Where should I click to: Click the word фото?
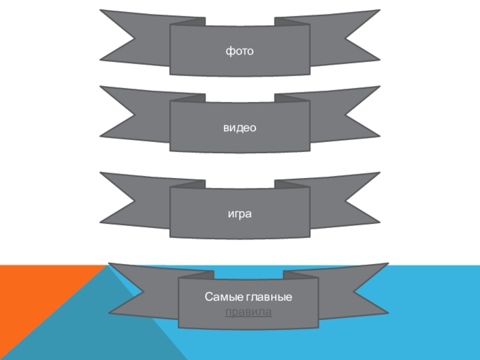point(239,51)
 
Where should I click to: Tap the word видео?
point(239,127)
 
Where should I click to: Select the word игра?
point(239,214)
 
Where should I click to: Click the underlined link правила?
point(248,312)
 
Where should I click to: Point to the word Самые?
point(224,296)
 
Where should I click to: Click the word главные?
point(269,297)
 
